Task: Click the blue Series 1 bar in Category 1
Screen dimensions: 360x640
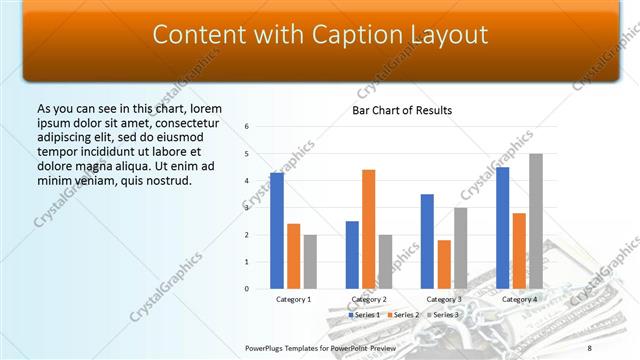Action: pyautogui.click(x=277, y=231)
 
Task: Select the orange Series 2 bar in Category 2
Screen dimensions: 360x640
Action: pyautogui.click(x=368, y=229)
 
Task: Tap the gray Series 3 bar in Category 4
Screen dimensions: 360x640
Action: pyautogui.click(x=536, y=221)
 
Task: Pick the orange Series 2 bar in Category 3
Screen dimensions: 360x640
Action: pyautogui.click(x=444, y=264)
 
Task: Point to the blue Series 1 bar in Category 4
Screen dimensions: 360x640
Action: pyautogui.click(x=502, y=228)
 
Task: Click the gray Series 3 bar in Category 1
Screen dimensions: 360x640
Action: pyautogui.click(x=310, y=262)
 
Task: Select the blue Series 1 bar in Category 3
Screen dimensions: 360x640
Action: pyautogui.click(x=427, y=241)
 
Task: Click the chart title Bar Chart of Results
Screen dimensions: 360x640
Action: pyautogui.click(x=402, y=110)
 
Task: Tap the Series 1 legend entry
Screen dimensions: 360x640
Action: pyautogui.click(x=364, y=315)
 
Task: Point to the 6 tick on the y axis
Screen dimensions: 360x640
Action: pyautogui.click(x=247, y=127)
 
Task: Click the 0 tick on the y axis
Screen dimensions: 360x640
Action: pyautogui.click(x=247, y=289)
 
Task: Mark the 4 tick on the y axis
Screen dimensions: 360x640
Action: pyautogui.click(x=247, y=181)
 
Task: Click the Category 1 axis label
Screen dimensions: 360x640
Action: pyautogui.click(x=293, y=299)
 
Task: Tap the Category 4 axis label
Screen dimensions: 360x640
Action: pyautogui.click(x=519, y=299)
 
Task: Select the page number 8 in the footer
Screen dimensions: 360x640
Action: pyautogui.click(x=589, y=347)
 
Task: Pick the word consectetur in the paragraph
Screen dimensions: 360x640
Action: pyautogui.click(x=183, y=123)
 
